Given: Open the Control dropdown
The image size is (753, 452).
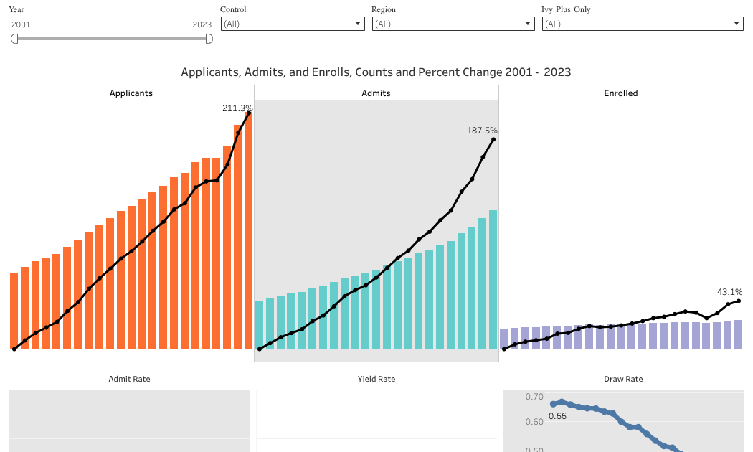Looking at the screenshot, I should point(292,24).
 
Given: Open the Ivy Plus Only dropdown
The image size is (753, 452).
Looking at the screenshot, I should point(642,24).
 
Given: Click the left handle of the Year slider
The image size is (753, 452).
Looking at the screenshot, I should point(14,39).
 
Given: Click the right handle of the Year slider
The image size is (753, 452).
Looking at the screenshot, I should point(209,39).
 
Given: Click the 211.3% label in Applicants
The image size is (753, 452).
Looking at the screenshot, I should point(237,108).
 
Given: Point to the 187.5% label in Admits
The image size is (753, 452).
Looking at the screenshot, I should point(482,131).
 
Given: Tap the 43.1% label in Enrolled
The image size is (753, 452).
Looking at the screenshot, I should point(729,292).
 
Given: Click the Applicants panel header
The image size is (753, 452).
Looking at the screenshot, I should point(131,93).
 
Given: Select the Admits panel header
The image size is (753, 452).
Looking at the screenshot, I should point(376,93).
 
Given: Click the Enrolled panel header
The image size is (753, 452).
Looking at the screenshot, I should point(621,93).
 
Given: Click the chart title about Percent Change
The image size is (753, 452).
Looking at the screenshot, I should point(376,72).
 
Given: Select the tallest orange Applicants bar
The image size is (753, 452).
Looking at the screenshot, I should point(248,230).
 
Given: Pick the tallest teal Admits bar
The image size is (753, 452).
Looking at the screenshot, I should point(493,280).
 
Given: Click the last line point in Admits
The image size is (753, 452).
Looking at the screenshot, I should point(493,139).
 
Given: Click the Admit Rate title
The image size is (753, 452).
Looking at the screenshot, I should point(129,379).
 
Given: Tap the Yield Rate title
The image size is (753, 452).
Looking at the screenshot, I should point(376,379).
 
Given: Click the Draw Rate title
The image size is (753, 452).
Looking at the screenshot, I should point(622,379).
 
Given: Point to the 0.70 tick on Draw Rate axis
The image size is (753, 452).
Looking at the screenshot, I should point(534,397).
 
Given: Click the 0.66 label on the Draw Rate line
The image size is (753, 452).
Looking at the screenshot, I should point(558,416).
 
